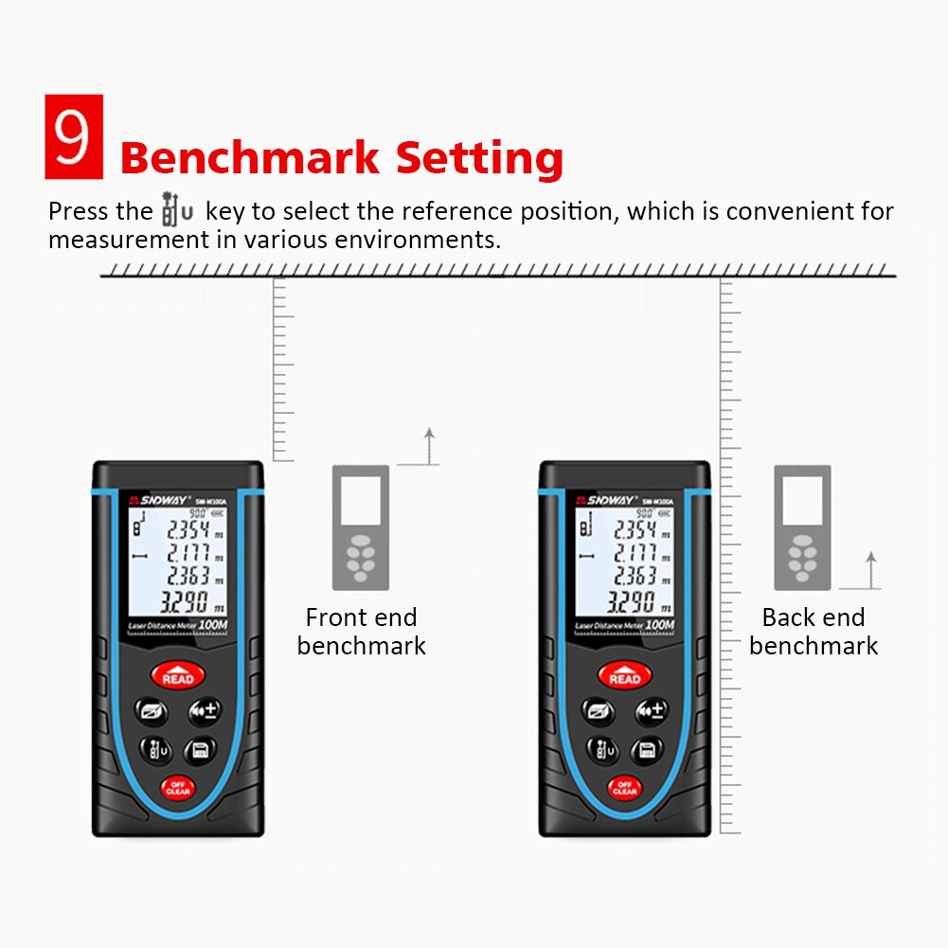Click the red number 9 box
[73, 135]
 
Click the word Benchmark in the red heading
[249, 157]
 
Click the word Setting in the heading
[479, 159]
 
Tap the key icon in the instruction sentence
[178, 209]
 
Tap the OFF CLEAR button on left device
[177, 787]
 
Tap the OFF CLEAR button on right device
[624, 787]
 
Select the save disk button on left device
[201, 750]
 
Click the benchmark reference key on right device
[603, 750]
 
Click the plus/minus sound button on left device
[202, 710]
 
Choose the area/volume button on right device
[599, 710]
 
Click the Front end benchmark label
[361, 632]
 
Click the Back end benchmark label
[814, 632]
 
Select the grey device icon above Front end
[360, 527]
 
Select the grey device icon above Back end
[802, 527]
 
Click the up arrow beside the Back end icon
[871, 570]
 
